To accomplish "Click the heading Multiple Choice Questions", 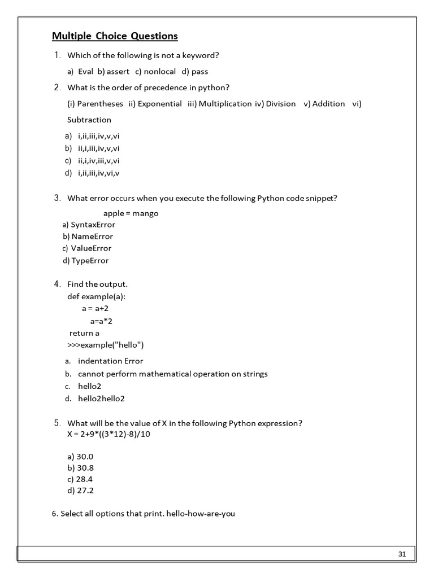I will pyautogui.click(x=115, y=37).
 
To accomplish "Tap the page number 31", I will pyautogui.click(x=402, y=554).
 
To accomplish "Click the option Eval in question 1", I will pyautogui.click(x=85, y=72).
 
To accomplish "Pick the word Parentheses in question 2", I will pyautogui.click(x=100, y=104).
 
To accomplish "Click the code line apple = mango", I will pyautogui.click(x=131, y=213).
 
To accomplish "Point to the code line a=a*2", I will pyautogui.click(x=105, y=321).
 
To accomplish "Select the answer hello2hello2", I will pyautogui.click(x=101, y=399).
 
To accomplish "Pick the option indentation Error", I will pyautogui.click(x=110, y=361).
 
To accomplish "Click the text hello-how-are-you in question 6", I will pyautogui.click(x=201, y=515).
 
